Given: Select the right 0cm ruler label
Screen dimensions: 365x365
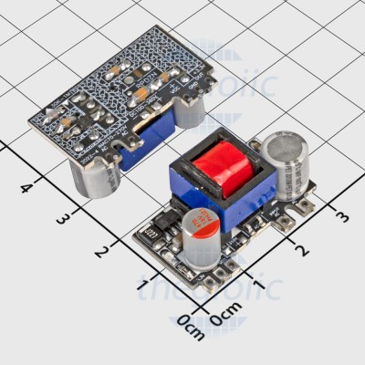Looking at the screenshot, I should (225, 318).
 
